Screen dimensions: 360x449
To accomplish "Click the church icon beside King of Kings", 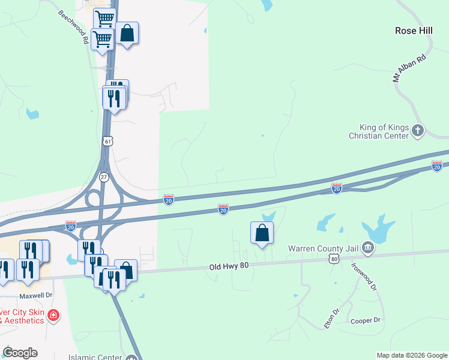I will (x=418, y=130).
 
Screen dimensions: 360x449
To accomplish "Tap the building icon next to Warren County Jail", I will (x=369, y=247).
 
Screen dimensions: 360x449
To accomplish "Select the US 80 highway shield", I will (x=334, y=257).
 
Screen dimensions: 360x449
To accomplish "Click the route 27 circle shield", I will (x=104, y=178).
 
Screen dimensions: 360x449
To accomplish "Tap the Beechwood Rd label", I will (x=74, y=27).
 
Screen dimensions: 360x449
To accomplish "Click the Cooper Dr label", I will (x=366, y=320).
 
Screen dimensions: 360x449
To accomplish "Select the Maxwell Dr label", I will (x=36, y=296).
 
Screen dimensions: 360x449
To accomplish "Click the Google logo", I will (x=20, y=353).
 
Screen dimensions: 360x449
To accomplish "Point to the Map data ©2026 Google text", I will (x=411, y=355).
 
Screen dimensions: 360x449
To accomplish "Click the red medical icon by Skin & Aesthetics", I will (x=53, y=315).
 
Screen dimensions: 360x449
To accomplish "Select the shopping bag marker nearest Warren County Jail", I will (x=262, y=233).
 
